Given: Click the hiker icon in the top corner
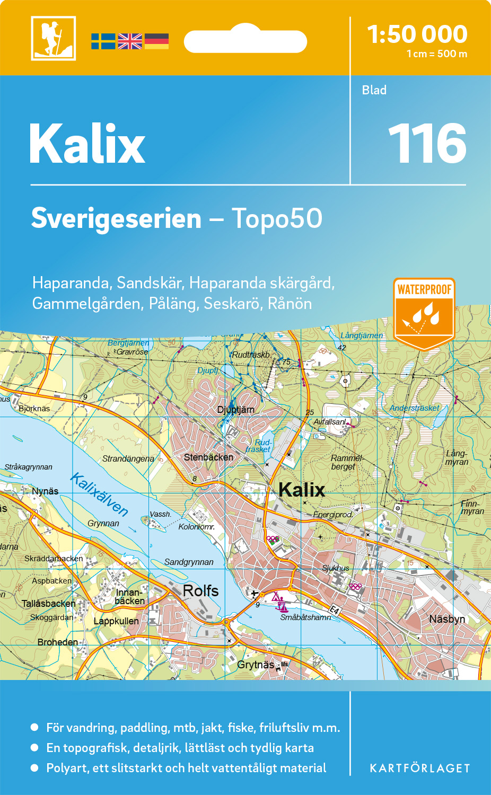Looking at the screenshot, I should pos(54,38).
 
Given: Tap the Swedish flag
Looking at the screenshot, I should pos(103,41).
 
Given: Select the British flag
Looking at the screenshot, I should pos(130,41).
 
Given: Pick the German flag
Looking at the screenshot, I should pos(156,41).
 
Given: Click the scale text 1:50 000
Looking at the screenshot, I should pos(417,34).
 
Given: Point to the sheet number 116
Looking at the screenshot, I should pos(427,144).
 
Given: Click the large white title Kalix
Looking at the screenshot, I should pos(87,144).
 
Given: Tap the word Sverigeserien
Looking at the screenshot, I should pos(116,218).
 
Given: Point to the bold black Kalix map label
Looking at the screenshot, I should pos(302,490).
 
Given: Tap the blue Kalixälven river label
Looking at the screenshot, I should pos(100,494).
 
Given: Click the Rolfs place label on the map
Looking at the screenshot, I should pos(200,590).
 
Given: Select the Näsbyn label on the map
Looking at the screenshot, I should pos(447,619).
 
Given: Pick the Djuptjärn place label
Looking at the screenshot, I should pos(236,410).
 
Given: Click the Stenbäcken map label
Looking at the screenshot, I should pos(208,457).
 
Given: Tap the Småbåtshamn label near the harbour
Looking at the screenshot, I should pos(305,617).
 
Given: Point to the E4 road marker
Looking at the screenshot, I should pos(334,610).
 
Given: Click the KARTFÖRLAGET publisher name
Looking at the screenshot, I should pos(420,768).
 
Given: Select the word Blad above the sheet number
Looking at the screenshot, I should pos(374,90).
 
